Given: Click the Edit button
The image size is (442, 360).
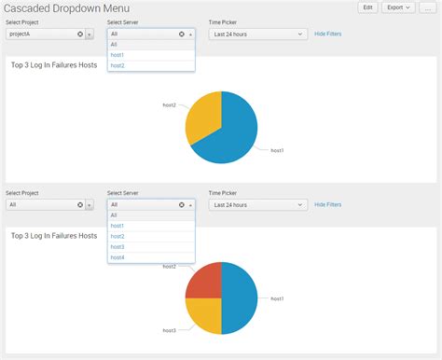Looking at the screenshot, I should click(368, 7).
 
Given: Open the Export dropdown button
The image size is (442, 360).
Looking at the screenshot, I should click(399, 7).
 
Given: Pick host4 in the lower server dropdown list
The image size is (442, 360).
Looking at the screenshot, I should click(117, 256).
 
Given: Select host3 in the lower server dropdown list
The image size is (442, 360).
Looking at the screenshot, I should click(117, 246).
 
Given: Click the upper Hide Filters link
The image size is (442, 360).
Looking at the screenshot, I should click(327, 33).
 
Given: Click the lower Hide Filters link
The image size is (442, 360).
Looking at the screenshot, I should click(327, 204).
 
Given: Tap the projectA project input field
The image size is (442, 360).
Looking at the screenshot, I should click(39, 34).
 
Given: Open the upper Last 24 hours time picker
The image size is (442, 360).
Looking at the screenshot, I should click(257, 34).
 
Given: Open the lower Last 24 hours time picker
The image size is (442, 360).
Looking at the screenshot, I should click(257, 204).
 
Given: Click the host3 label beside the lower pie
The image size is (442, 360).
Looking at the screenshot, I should click(169, 330).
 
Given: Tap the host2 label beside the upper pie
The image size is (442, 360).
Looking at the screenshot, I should click(169, 105).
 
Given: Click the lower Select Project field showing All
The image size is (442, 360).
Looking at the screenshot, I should click(39, 204).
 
